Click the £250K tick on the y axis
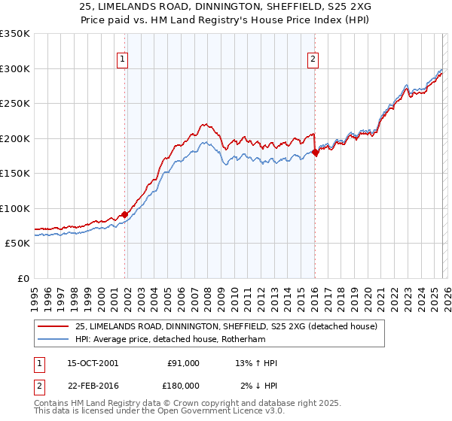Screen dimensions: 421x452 [x=15, y=104]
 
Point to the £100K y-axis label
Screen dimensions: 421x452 [x=15, y=209]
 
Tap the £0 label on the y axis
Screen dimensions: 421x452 [x=23, y=279]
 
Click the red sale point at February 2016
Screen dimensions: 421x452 [x=315, y=153]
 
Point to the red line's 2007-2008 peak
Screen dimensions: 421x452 [x=204, y=124]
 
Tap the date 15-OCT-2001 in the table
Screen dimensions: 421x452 [x=93, y=363]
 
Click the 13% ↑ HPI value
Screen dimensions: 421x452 [x=257, y=363]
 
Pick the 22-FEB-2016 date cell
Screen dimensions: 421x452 [x=93, y=385]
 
